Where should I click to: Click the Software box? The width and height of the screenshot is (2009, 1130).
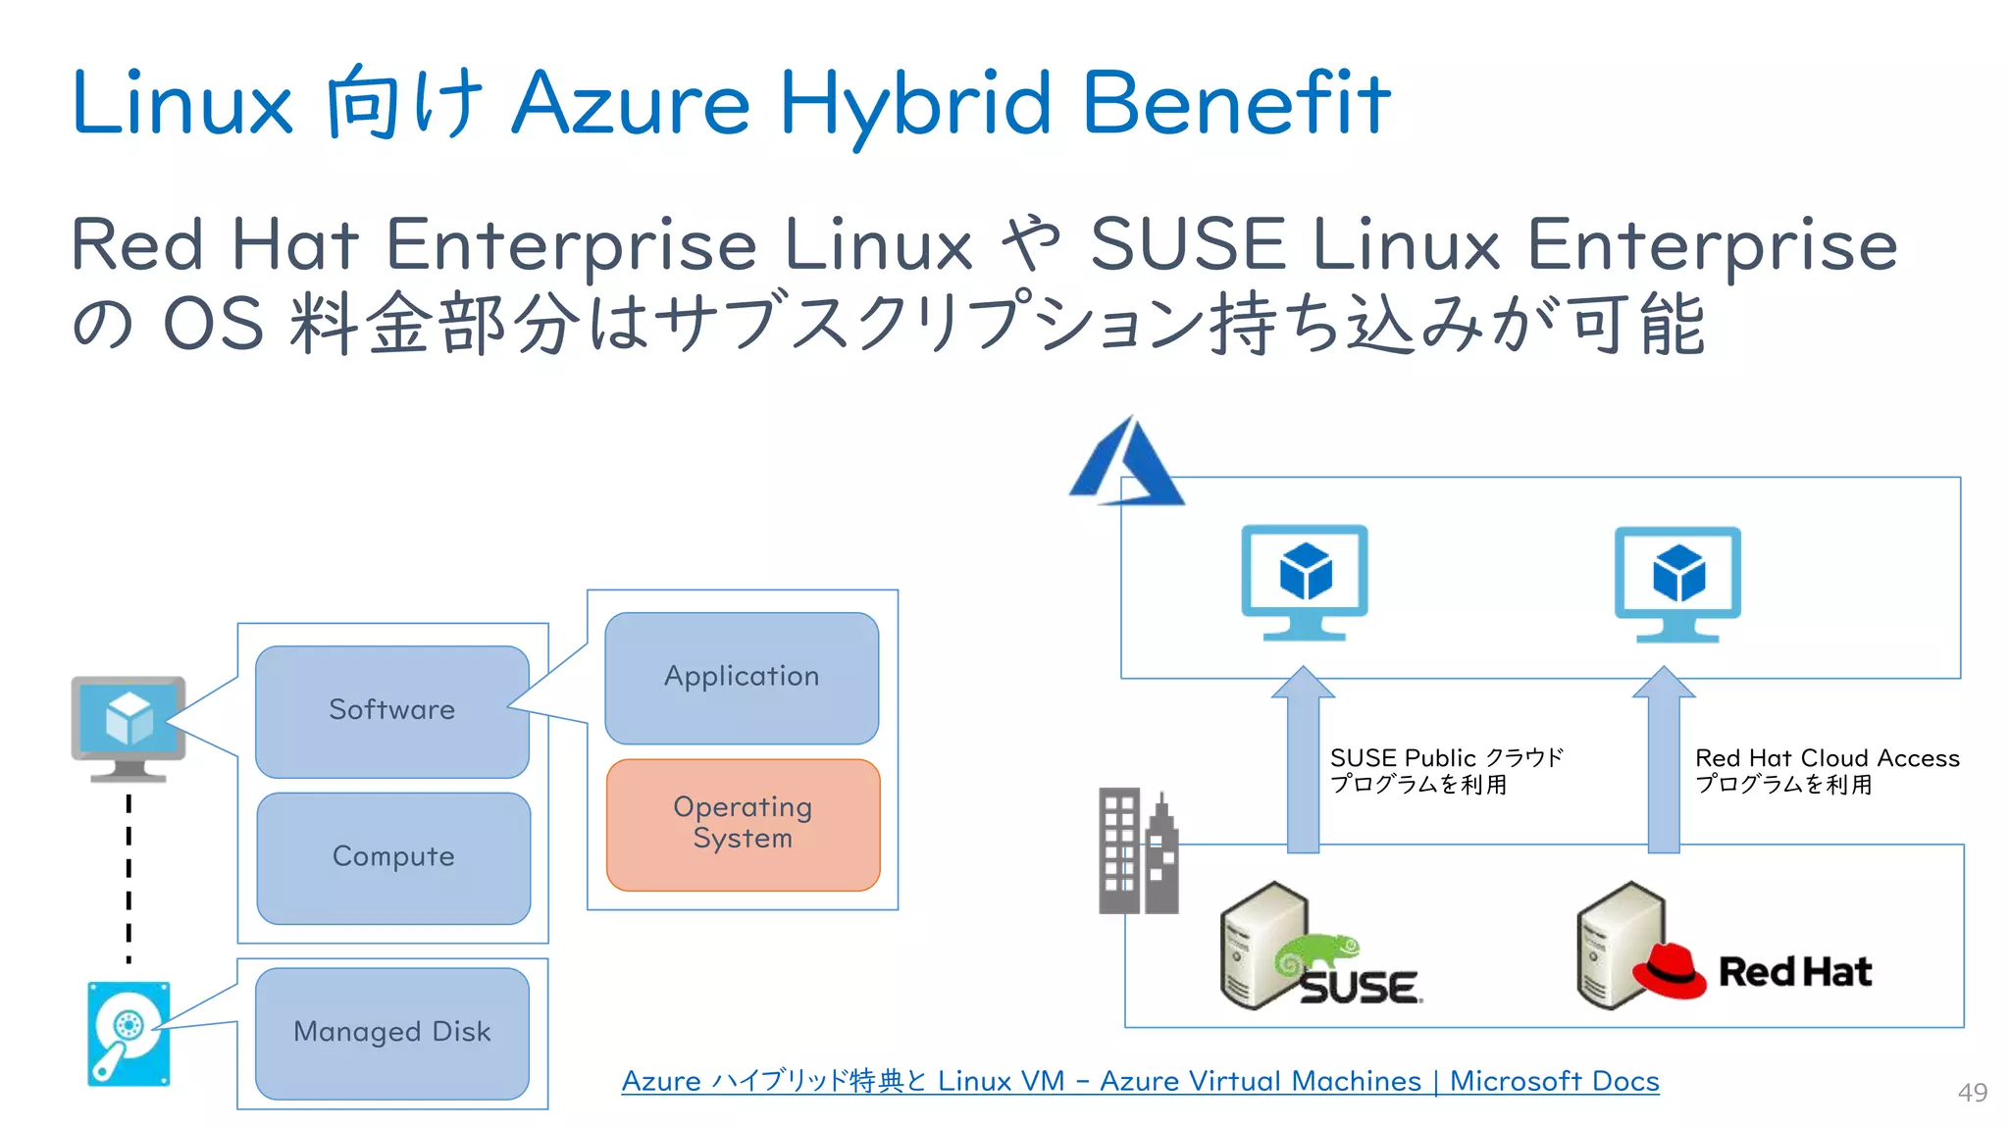(x=391, y=711)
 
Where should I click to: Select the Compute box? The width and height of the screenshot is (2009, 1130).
(x=393, y=857)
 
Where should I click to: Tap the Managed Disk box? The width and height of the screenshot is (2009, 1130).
(x=391, y=1033)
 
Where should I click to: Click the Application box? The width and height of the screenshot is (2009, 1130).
(x=742, y=678)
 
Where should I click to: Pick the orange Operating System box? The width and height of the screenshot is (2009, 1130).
(x=743, y=824)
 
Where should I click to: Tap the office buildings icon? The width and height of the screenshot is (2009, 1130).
(x=1138, y=851)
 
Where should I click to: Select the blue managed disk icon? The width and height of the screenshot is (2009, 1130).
(x=129, y=1034)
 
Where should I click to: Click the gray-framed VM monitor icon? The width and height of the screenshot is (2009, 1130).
(x=129, y=727)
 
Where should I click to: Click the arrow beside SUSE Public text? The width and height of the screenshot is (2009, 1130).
(x=1303, y=760)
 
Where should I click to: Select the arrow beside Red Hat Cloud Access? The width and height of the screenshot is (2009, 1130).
(x=1664, y=760)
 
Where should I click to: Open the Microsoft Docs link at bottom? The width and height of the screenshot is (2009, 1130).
(x=1140, y=1081)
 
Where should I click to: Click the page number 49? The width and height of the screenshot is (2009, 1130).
(x=1972, y=1093)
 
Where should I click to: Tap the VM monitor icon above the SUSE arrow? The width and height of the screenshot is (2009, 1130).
(x=1305, y=582)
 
